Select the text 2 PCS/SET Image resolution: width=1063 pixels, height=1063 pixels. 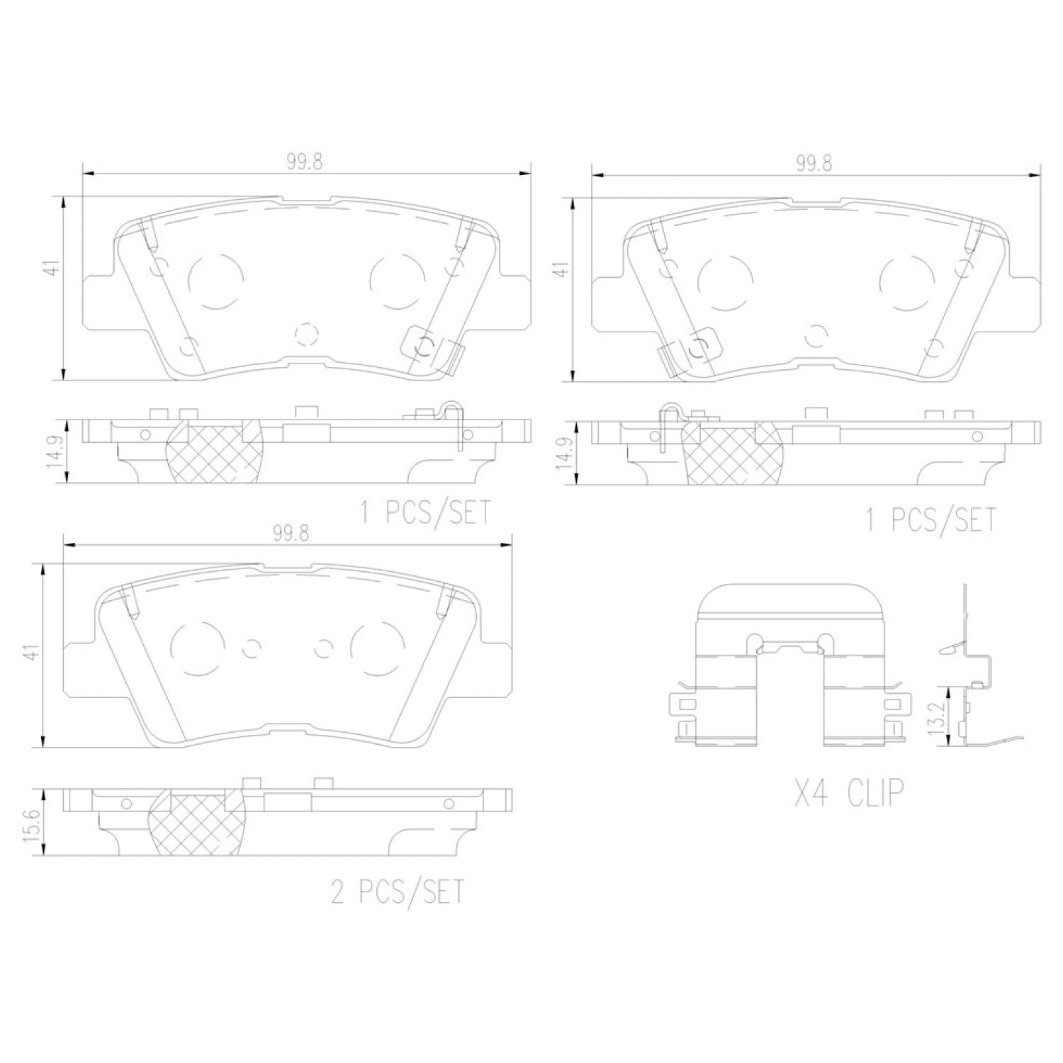(398, 891)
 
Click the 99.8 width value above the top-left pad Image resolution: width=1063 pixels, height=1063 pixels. (305, 162)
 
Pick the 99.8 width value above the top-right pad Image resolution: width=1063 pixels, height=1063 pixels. (814, 162)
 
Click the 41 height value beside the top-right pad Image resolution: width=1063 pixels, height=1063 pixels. (561, 269)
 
